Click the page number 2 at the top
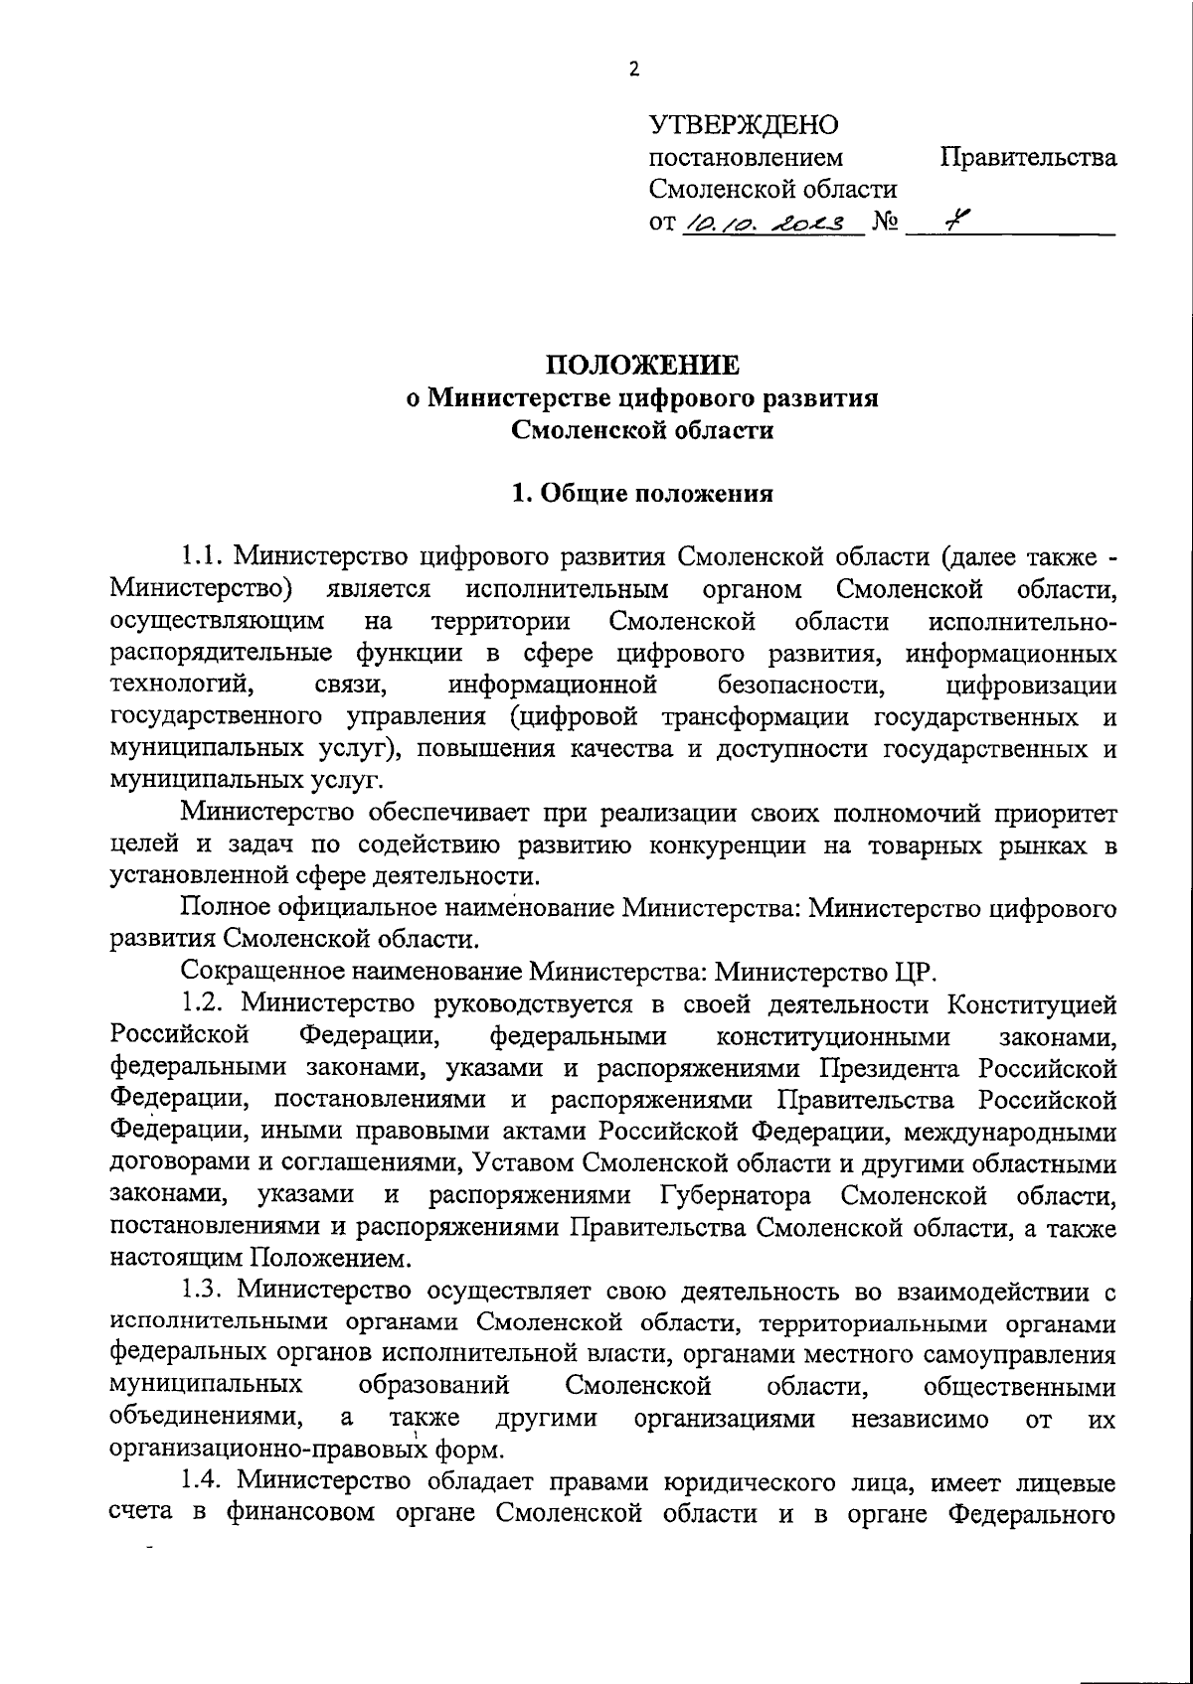click(634, 69)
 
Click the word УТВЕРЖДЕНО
click(744, 125)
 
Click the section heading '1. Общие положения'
click(641, 494)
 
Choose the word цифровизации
click(1031, 686)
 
